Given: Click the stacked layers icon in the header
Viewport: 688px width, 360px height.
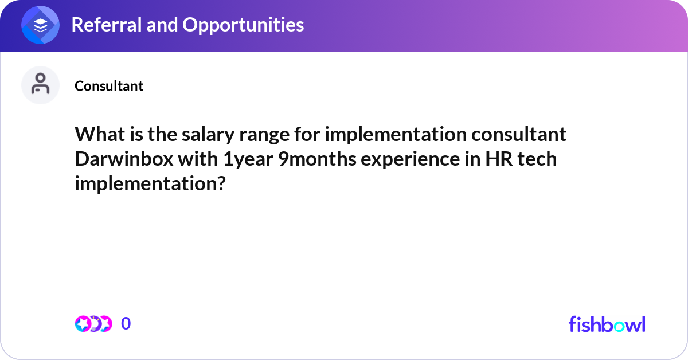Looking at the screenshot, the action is [x=40, y=25].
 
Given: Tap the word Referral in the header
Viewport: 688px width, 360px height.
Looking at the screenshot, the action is [x=106, y=25].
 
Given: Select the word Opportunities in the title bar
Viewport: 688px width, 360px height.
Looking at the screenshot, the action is [x=243, y=25].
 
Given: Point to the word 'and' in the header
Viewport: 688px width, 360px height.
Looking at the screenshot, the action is [x=162, y=25].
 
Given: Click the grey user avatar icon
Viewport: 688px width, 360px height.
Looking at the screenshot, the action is [x=40, y=85].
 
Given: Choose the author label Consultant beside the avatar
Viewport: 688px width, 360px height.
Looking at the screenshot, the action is [x=109, y=85].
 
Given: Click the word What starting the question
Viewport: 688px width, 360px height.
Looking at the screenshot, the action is [x=100, y=134].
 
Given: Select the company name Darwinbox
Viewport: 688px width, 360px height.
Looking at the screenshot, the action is [x=124, y=159].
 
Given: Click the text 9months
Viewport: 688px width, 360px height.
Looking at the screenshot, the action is [x=317, y=159].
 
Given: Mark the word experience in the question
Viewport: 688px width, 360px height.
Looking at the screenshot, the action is [x=410, y=159].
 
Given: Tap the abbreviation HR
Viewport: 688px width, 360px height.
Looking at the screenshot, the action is [x=499, y=159].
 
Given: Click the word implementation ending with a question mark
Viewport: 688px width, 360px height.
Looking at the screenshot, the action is [x=150, y=183].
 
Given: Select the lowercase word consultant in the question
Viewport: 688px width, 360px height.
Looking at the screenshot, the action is [x=519, y=134].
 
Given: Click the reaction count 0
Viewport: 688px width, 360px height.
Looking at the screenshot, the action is [x=126, y=323].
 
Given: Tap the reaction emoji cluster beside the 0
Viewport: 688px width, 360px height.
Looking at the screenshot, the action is [x=93, y=324].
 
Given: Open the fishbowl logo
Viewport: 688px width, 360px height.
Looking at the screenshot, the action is [x=607, y=324].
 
